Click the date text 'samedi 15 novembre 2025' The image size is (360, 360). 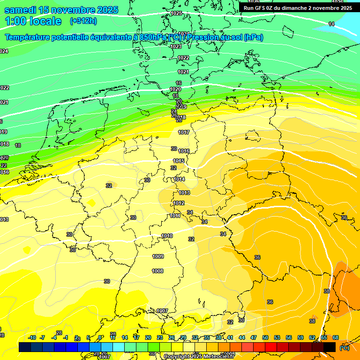pyautogui.click(x=61, y=10)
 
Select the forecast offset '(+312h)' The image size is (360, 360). pyautogui.click(x=83, y=21)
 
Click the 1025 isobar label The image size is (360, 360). pyautogui.click(x=176, y=14)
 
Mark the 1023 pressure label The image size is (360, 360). pyautogui.click(x=176, y=47)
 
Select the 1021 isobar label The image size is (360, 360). pyautogui.click(x=183, y=72)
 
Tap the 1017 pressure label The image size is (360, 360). pyautogui.click(x=184, y=133)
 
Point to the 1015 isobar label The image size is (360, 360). pyautogui.click(x=179, y=161)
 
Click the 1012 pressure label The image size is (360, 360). pyautogui.click(x=179, y=203)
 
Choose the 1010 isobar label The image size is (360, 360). pyautogui.click(x=167, y=236)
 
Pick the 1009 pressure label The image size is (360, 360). pyautogui.click(x=158, y=256)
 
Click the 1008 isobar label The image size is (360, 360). pyautogui.click(x=157, y=271)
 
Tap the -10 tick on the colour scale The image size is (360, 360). pyautogui.click(x=32, y=337)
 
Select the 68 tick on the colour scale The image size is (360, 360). pyautogui.click(x=336, y=337)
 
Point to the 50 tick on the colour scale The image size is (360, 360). pyautogui.click(x=265, y=337)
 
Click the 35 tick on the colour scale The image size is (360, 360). pyautogui.click(x=207, y=337)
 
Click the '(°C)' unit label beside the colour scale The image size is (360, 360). pyautogui.click(x=345, y=348)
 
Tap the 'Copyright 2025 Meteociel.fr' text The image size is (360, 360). pyautogui.click(x=199, y=357)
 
